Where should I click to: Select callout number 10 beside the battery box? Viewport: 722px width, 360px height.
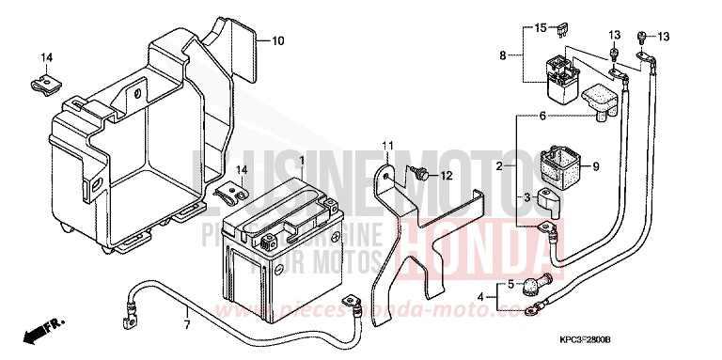point(278,41)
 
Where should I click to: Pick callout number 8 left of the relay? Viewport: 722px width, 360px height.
point(504,56)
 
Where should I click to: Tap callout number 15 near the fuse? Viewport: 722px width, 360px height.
point(540,28)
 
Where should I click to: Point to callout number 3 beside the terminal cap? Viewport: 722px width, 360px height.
point(527,197)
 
